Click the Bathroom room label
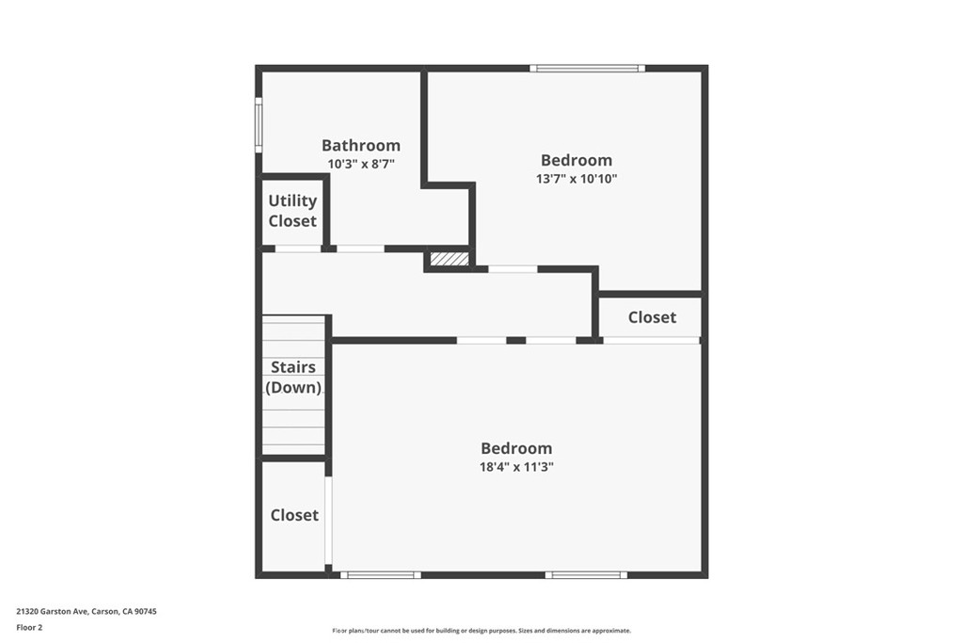361,146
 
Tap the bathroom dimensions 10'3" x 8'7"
361,164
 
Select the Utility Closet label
292,211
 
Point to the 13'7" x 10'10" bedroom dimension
576,179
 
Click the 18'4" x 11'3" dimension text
516,467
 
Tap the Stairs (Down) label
293,377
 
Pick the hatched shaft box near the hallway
449,259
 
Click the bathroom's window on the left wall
259,125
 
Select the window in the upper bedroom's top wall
588,68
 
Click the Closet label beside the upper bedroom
652,317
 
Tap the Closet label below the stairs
294,515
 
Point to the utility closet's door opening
298,249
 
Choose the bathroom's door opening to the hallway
360,249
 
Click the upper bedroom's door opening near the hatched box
513,269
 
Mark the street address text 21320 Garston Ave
53,611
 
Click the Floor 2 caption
29,628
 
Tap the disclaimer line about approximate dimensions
481,631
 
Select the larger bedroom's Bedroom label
516,448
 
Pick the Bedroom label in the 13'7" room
576,160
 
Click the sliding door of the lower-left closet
328,521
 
